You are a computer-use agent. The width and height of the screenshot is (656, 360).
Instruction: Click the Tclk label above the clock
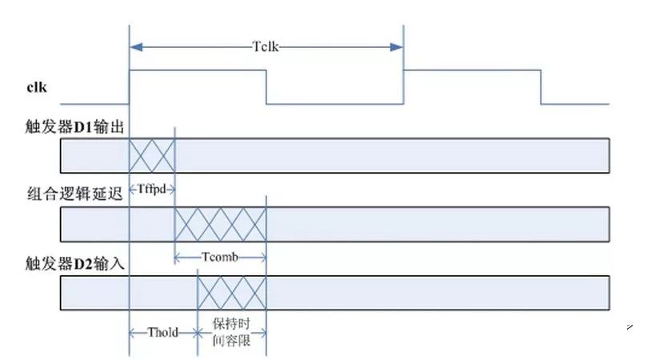266,46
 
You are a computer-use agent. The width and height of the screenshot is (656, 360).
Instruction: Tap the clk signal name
37,87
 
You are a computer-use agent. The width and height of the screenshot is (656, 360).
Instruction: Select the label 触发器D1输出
75,126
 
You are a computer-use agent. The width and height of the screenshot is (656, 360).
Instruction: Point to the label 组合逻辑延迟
75,194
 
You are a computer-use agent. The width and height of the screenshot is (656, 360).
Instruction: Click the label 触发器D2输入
75,264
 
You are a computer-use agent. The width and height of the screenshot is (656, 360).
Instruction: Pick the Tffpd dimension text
151,190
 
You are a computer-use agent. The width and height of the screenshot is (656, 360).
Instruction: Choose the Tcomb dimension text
220,257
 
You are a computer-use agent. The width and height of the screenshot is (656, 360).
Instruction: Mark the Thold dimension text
162,333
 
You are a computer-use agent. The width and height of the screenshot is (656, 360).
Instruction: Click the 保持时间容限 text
231,332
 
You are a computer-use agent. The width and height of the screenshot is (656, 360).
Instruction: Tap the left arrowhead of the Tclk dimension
136,47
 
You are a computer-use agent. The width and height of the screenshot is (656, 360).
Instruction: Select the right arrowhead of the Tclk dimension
397,47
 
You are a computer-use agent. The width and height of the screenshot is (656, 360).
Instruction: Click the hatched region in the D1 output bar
152,155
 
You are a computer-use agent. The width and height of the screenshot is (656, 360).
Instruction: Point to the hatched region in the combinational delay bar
220,224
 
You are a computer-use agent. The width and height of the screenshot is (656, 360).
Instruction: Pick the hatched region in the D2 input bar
232,293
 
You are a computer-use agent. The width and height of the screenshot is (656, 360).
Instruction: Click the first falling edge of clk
266,87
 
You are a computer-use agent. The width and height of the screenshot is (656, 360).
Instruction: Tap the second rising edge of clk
403,87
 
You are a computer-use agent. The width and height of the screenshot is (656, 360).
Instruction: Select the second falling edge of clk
541,87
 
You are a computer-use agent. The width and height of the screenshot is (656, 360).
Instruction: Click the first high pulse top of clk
198,70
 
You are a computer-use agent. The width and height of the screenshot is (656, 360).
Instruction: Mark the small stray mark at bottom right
630,327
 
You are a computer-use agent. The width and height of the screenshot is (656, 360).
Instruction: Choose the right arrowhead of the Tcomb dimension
262,257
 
